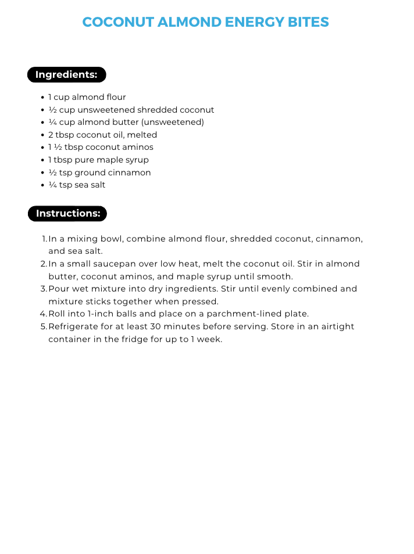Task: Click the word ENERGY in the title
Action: coord(255,23)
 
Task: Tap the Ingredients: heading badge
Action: coord(66,75)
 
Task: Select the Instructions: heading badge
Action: coord(67,214)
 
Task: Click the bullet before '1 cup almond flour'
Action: coord(43,98)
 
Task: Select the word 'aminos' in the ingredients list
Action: coord(140,148)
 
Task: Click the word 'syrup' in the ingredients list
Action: coord(137,160)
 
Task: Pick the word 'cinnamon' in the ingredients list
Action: coord(129,172)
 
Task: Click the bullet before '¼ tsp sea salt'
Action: coord(43,185)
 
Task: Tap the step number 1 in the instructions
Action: coord(44,239)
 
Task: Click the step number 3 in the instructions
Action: coord(44,289)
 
